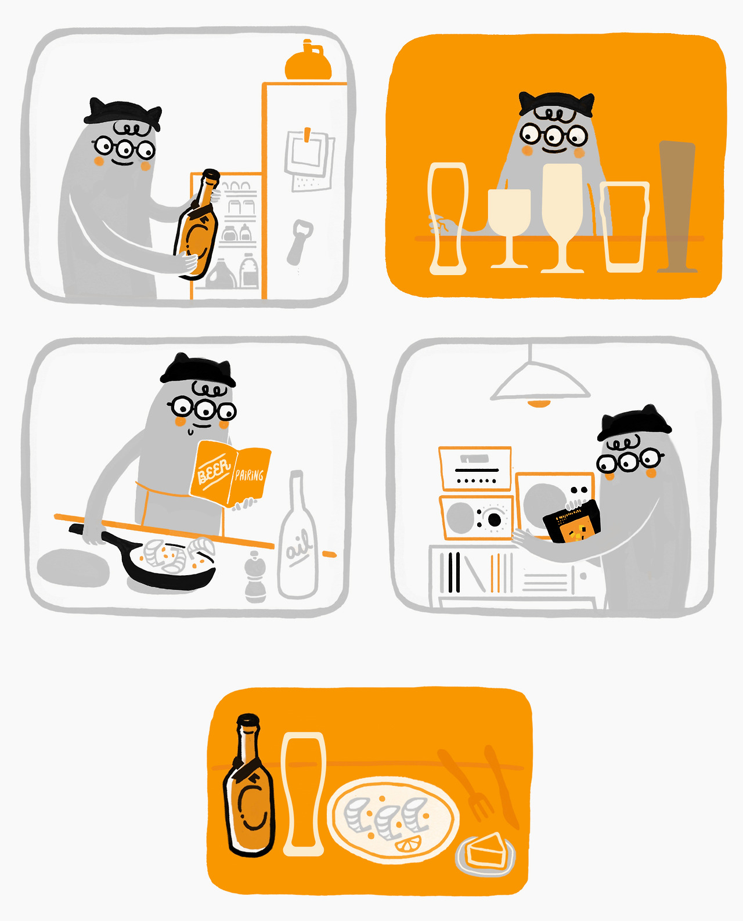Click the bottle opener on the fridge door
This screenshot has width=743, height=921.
pos(300,242)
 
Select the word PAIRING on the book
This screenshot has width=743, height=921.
pos(249,475)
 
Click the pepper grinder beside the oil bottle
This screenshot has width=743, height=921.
pos(255,577)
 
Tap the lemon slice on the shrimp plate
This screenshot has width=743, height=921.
pos(408,844)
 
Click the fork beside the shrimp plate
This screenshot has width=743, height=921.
pos(466,784)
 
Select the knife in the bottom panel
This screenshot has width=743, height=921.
pos(502,786)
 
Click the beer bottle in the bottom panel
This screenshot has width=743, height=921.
pos(249,786)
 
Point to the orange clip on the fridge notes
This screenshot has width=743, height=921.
pos(306,135)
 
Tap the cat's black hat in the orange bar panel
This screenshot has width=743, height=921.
pos(556,103)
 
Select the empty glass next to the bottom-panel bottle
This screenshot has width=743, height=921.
pos(303,794)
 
